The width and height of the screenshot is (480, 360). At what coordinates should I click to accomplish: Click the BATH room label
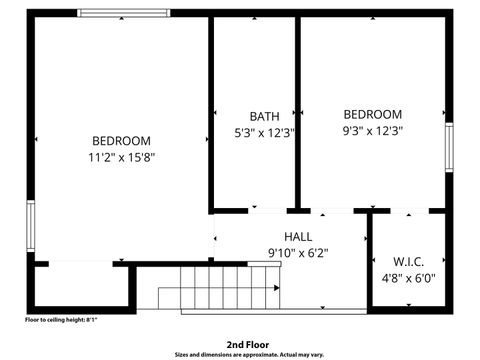(x=250, y=116)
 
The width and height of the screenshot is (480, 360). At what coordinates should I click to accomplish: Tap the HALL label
(x=297, y=236)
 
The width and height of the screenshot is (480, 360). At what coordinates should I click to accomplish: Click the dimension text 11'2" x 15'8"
(x=122, y=157)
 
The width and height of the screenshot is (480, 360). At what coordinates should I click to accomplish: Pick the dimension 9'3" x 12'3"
(x=372, y=130)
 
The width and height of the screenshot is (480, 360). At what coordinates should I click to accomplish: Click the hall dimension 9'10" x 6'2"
(x=297, y=252)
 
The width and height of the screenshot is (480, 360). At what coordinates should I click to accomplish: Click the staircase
(x=220, y=291)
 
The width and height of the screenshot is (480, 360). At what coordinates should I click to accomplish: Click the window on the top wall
(x=124, y=13)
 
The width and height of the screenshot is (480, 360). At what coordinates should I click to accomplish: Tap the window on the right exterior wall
(x=449, y=151)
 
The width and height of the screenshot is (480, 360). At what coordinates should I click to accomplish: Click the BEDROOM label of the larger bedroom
(x=122, y=141)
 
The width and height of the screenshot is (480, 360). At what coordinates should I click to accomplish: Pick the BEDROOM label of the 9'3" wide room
(x=372, y=115)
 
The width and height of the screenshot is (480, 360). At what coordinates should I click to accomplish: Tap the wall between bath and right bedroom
(x=297, y=110)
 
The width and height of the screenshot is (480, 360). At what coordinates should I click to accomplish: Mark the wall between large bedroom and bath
(x=210, y=110)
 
